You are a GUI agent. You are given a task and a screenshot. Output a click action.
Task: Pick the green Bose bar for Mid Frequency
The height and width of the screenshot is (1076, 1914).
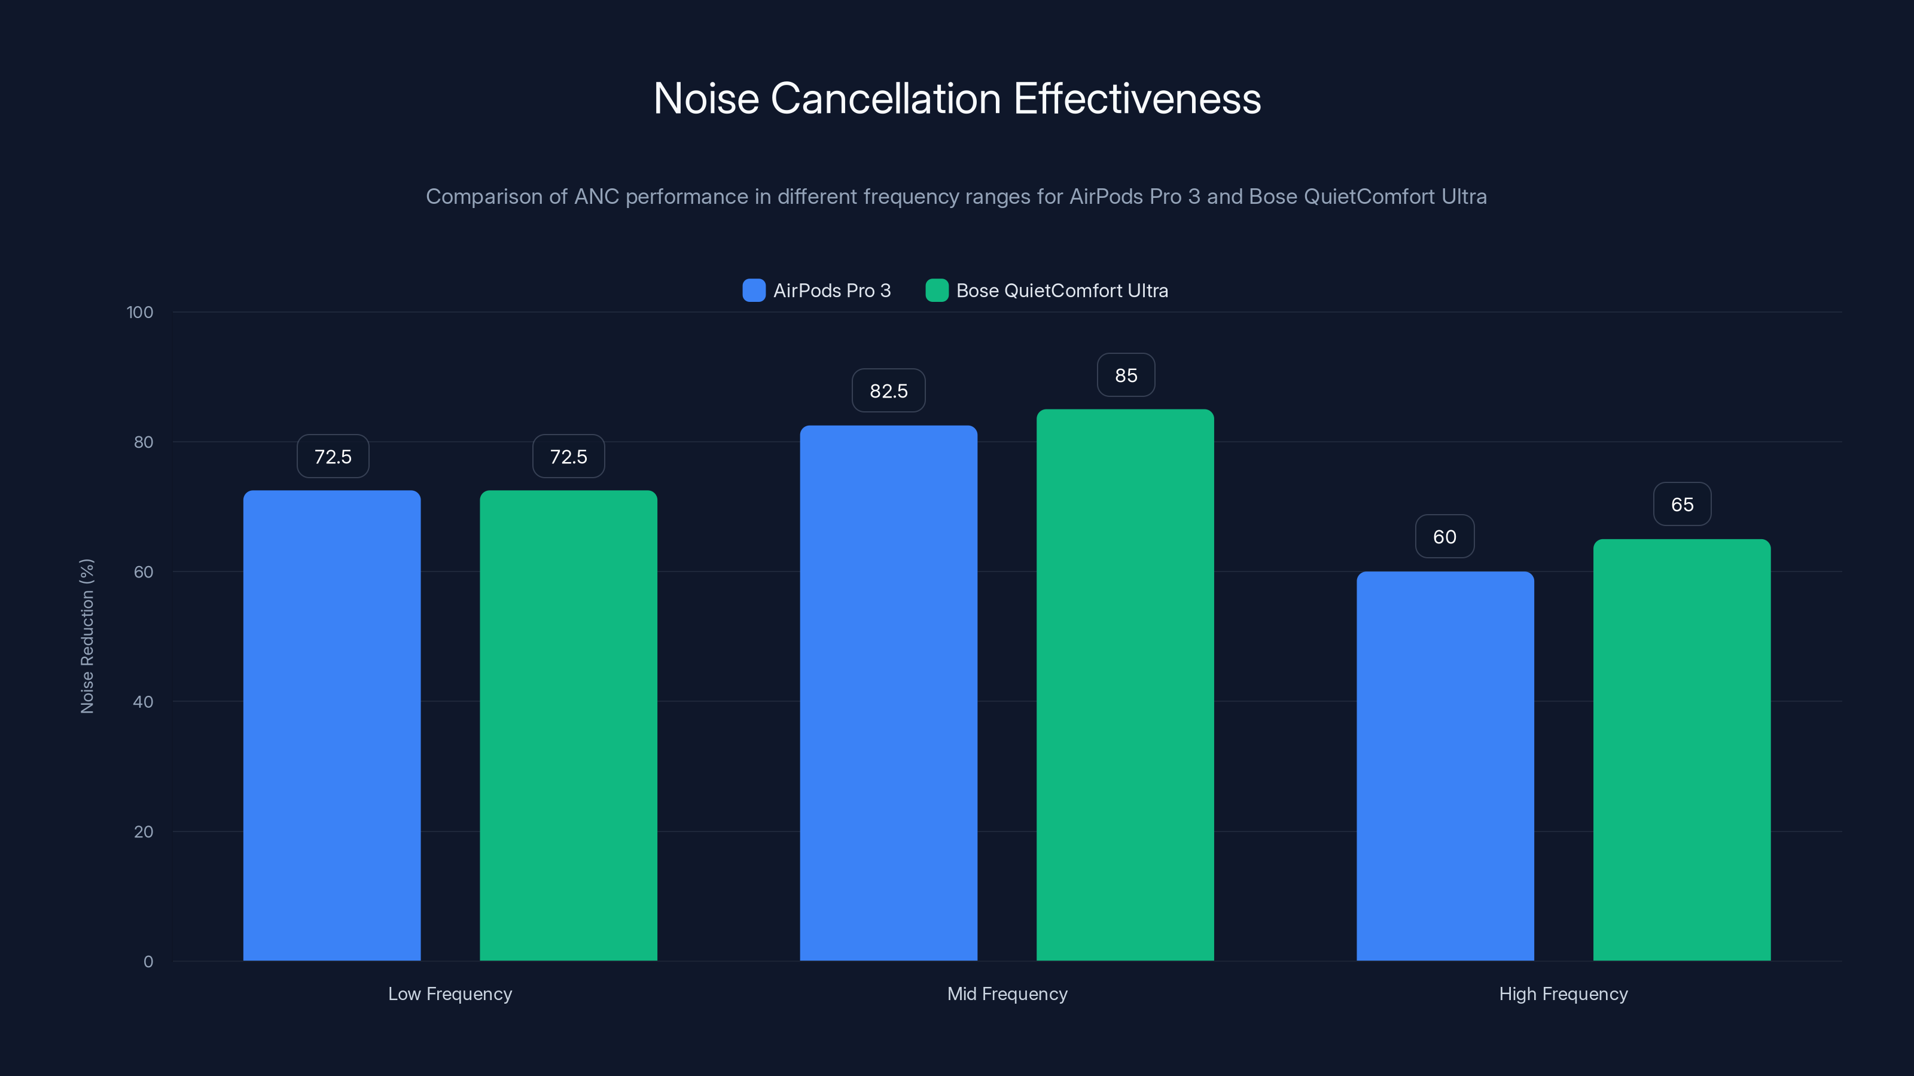click(1125, 684)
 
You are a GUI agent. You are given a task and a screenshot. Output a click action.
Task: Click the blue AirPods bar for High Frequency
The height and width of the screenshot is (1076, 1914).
click(1444, 765)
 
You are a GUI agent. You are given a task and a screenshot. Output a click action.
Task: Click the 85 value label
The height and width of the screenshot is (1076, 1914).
click(1126, 375)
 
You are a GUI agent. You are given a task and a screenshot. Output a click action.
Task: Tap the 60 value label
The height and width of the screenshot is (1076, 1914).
click(1444, 536)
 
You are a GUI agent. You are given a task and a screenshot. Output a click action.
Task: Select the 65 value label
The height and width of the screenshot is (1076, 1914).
click(1681, 504)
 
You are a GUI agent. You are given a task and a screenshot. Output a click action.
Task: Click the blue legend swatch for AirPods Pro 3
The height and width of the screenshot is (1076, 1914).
click(754, 291)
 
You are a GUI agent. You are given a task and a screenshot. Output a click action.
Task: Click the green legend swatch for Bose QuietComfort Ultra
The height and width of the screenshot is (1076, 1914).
click(936, 291)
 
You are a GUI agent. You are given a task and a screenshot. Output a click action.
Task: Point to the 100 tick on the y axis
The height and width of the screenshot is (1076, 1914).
click(140, 312)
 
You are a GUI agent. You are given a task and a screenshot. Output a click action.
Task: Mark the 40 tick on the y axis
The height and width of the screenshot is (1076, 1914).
click(143, 702)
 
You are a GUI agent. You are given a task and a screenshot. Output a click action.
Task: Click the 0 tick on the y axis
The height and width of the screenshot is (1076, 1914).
click(148, 962)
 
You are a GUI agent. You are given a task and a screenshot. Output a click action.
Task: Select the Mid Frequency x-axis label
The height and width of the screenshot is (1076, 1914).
click(1007, 994)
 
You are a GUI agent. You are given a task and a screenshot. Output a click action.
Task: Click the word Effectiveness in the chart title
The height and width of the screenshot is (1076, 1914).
click(1137, 99)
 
